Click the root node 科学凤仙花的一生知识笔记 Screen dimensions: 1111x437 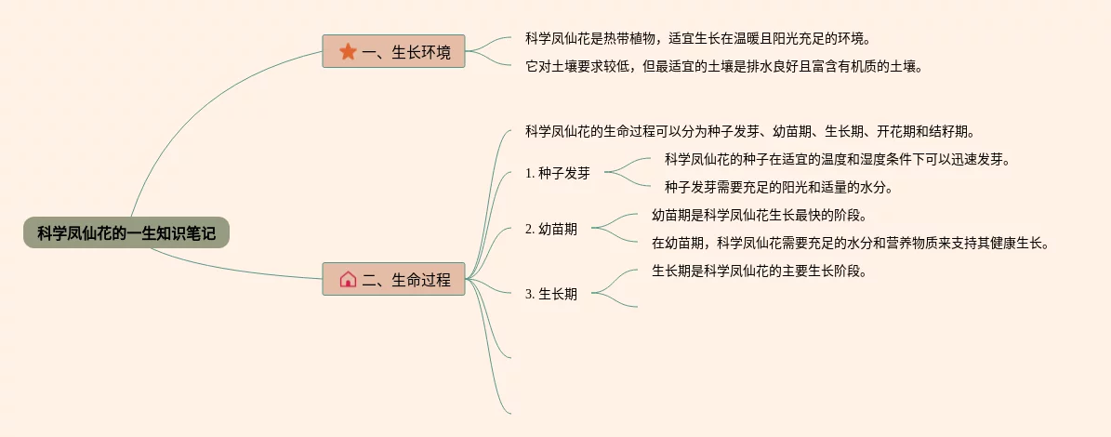126,232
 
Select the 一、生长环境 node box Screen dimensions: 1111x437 393,52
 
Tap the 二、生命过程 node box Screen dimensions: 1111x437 393,279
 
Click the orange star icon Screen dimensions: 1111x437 348,52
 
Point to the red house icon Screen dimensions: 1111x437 348,279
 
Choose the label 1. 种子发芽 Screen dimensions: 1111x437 557,173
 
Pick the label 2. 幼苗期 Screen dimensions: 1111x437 550,229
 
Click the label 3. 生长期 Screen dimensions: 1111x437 550,294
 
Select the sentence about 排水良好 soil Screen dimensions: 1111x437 723,66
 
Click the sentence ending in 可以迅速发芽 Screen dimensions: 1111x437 837,159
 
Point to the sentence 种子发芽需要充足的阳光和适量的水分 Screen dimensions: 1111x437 778,187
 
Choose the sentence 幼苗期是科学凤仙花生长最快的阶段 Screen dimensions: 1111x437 759,216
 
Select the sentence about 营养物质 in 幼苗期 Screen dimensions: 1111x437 850,244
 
